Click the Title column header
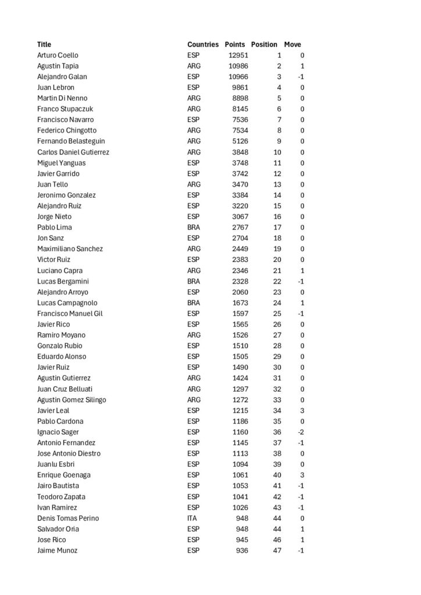44,45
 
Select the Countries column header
203,45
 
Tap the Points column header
235,45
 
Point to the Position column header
264,45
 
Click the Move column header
292,45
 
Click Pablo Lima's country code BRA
194,227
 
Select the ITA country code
192,518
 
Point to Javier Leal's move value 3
302,411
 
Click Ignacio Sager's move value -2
301,432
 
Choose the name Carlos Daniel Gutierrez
73,152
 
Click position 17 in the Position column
277,227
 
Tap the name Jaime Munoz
57,550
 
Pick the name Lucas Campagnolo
67,303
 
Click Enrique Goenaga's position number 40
277,475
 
